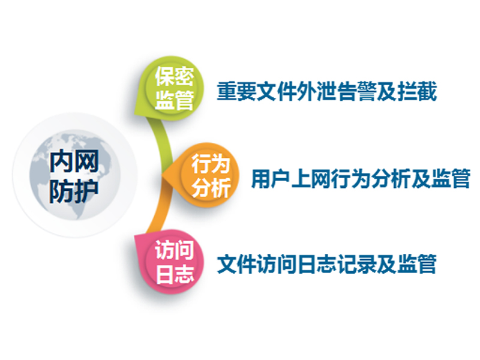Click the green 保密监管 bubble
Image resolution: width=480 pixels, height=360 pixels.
pyautogui.click(x=169, y=88)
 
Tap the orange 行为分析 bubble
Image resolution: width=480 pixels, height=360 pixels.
pyautogui.click(x=202, y=175)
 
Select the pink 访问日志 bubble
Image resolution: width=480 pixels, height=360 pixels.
pyautogui.click(x=169, y=262)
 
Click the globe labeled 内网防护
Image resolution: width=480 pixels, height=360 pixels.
pyautogui.click(x=75, y=175)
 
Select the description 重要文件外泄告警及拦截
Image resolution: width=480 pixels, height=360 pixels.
pyautogui.click(x=326, y=91)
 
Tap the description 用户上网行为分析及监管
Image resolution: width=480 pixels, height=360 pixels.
pyautogui.click(x=361, y=178)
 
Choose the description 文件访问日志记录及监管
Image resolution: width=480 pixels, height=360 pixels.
pyautogui.click(x=326, y=263)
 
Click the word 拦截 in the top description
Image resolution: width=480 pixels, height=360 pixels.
pyautogui.click(x=417, y=91)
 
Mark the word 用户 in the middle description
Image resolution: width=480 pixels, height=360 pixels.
pyautogui.click(x=271, y=178)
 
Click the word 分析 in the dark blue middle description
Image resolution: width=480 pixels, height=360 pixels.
pyautogui.click(x=391, y=178)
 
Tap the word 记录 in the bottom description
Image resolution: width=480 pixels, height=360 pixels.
pyautogui.click(x=356, y=263)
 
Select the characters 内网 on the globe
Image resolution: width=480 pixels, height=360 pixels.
pyautogui.click(x=74, y=161)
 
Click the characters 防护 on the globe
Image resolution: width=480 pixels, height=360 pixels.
pyautogui.click(x=74, y=191)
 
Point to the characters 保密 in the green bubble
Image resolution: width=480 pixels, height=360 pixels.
pyautogui.click(x=175, y=76)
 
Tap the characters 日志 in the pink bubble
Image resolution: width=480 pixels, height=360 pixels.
pyautogui.click(x=175, y=274)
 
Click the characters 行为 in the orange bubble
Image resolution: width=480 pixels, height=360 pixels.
pyautogui.click(x=211, y=164)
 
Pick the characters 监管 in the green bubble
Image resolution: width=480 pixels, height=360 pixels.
pyautogui.click(x=175, y=100)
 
